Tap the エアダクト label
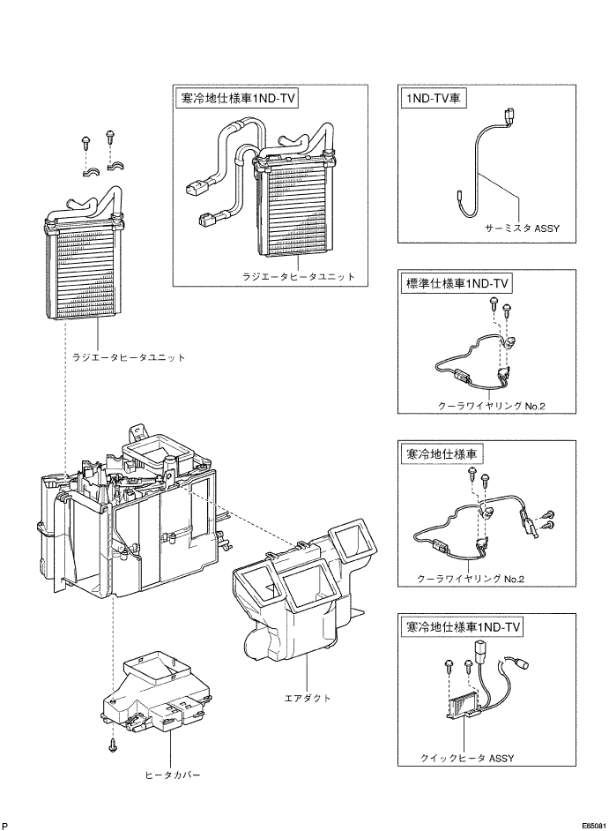point(308,698)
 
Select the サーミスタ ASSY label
point(522,228)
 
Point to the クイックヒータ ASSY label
point(467,758)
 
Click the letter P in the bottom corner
point(4,826)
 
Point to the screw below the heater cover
point(112,744)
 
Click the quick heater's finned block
point(462,706)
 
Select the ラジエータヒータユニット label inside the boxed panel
point(299,276)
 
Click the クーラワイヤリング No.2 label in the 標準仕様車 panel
point(492,406)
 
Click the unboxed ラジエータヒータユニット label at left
point(130,357)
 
